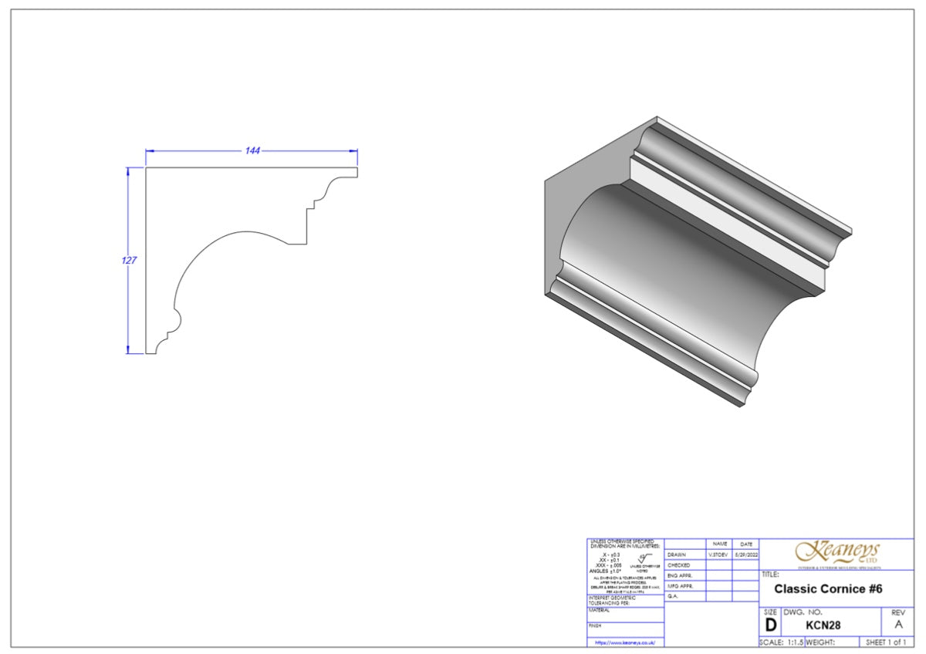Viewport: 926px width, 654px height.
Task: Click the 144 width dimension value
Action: tap(252, 150)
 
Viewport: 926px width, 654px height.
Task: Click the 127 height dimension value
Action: tap(129, 261)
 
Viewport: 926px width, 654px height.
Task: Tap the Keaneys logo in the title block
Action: tap(837, 552)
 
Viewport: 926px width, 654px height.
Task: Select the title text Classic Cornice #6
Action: tap(828, 589)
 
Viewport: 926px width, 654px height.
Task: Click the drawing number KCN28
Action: tap(823, 625)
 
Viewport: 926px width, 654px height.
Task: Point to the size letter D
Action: tap(770, 625)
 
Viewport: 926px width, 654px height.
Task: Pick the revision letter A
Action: tap(897, 625)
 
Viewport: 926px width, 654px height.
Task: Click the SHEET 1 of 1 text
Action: tap(886, 642)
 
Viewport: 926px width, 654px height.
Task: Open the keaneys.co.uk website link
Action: tap(625, 642)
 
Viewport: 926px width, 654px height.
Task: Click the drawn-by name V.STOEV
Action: tap(718, 555)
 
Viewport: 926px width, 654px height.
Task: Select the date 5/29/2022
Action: tap(745, 555)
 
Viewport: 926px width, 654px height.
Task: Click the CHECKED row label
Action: tap(678, 565)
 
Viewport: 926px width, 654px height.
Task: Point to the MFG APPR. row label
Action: tap(680, 586)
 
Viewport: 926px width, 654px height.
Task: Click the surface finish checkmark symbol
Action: tap(642, 557)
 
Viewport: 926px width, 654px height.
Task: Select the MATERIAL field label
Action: tap(600, 610)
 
